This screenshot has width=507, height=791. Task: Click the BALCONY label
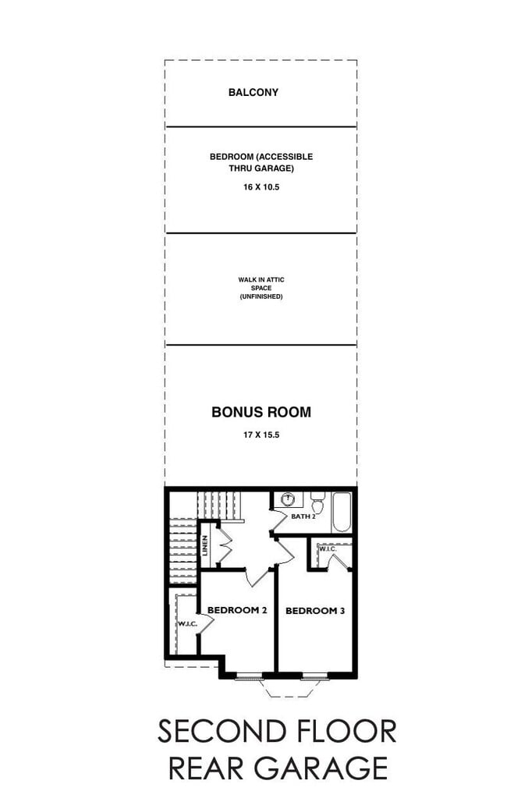coord(253,92)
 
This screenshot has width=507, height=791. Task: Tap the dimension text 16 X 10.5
coord(261,187)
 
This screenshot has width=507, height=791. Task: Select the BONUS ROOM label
coord(261,412)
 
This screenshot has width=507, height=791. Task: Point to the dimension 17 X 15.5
coord(261,434)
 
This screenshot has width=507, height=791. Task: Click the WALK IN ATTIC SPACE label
coord(261,288)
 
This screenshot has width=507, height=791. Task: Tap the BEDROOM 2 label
coord(237,610)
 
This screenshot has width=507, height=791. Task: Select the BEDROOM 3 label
coord(314,611)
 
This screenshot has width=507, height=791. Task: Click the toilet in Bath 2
coord(317,499)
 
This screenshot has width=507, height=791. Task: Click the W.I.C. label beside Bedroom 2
coord(186,624)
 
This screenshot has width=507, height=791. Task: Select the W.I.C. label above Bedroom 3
coord(327,550)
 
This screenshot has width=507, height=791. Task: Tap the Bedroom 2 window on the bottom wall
coord(250,675)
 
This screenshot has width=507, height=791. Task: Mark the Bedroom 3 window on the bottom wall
coord(315,675)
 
